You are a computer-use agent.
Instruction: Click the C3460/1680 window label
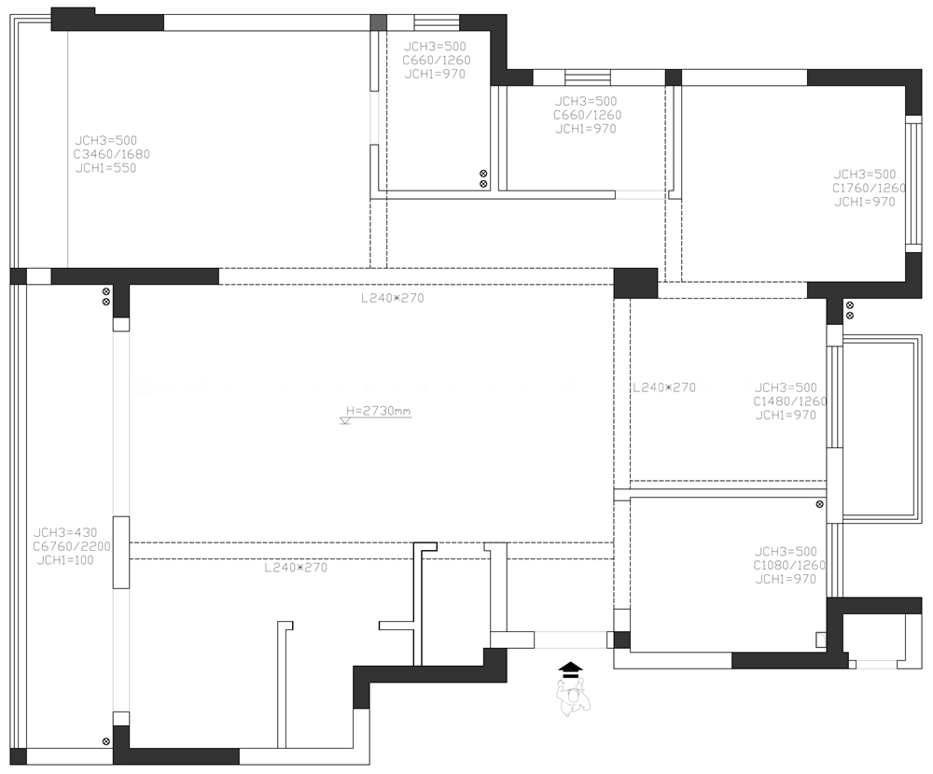[112, 154]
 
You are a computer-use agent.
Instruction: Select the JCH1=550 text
[106, 168]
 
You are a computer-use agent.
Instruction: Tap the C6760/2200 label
[72, 546]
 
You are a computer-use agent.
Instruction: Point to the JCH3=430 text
[65, 532]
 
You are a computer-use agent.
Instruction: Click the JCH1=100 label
[65, 560]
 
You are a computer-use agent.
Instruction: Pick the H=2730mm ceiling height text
[379, 410]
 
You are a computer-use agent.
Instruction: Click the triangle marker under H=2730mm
[345, 421]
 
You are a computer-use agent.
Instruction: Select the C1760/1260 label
[869, 189]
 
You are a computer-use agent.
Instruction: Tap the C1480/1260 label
[790, 401]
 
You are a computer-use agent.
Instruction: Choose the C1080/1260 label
[789, 565]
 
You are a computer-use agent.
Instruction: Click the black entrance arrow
[571, 669]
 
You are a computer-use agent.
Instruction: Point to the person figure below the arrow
[573, 697]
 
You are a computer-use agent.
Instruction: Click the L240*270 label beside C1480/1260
[664, 387]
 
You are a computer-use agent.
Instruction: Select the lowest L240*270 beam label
[296, 568]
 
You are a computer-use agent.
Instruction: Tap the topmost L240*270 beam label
[393, 298]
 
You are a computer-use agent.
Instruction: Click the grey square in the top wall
[379, 22]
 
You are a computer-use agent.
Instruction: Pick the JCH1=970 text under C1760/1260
[865, 202]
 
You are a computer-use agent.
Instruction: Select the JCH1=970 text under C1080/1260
[786, 579]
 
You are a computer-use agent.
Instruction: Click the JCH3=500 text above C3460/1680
[106, 140]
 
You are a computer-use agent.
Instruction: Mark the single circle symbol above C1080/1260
[819, 504]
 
